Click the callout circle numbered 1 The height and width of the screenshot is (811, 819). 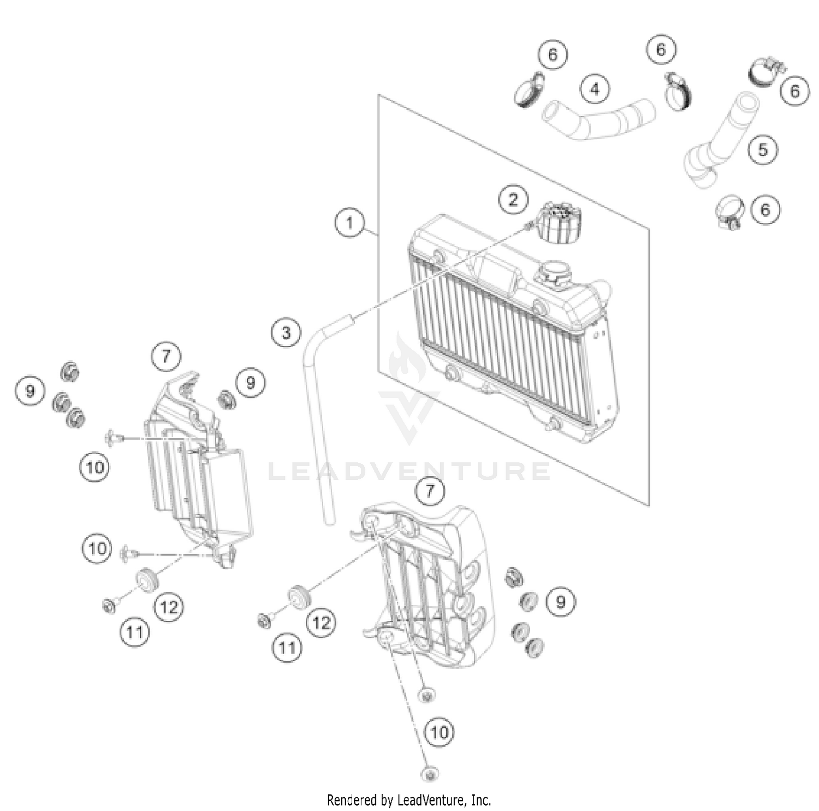click(349, 222)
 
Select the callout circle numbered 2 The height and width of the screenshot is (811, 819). click(513, 199)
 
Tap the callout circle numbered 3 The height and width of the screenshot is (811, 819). click(286, 332)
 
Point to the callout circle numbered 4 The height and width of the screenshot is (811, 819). click(595, 89)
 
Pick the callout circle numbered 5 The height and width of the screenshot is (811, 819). click(763, 149)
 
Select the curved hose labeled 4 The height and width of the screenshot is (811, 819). click(598, 120)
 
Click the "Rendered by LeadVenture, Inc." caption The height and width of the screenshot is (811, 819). click(409, 800)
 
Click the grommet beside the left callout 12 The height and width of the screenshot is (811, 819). click(145, 579)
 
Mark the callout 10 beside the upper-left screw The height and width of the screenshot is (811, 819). click(94, 468)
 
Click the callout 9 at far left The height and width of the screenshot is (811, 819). click(29, 391)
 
